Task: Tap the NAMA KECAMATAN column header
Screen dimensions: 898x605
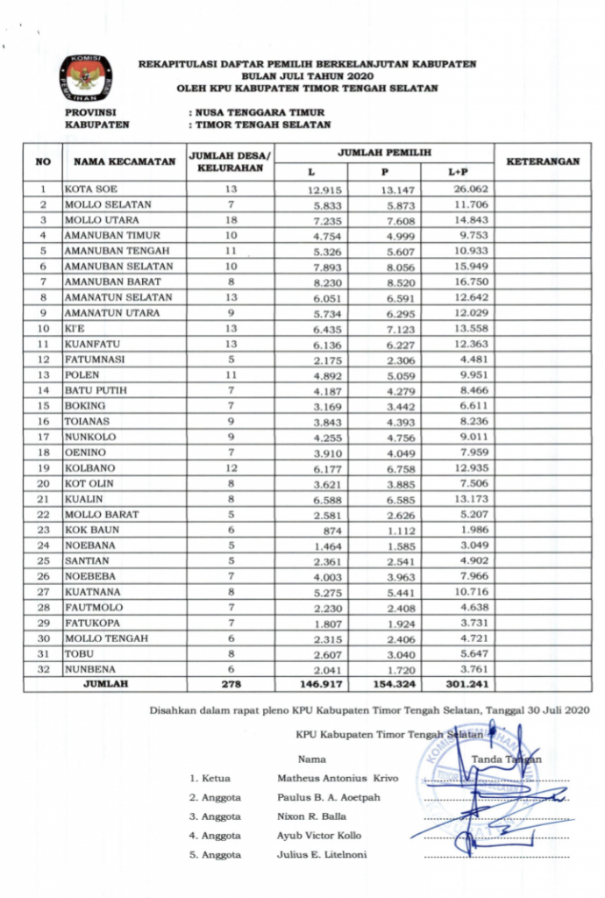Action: coord(113,161)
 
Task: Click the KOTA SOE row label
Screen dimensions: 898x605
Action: coord(91,189)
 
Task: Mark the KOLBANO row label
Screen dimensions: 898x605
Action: coord(89,468)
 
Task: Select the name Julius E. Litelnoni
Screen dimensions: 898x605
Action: coord(322,855)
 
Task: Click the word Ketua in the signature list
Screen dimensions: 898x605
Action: coord(216,778)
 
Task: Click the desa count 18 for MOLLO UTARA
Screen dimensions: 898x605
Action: coord(231,220)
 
